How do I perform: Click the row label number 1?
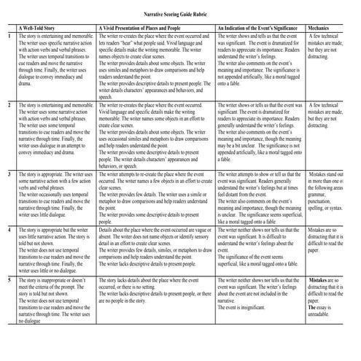pyautogui.click(x=9, y=35)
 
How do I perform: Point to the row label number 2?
pyautogui.click(x=9, y=105)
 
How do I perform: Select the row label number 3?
pyautogui.click(x=9, y=175)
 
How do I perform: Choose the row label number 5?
pyautogui.click(x=9, y=279)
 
